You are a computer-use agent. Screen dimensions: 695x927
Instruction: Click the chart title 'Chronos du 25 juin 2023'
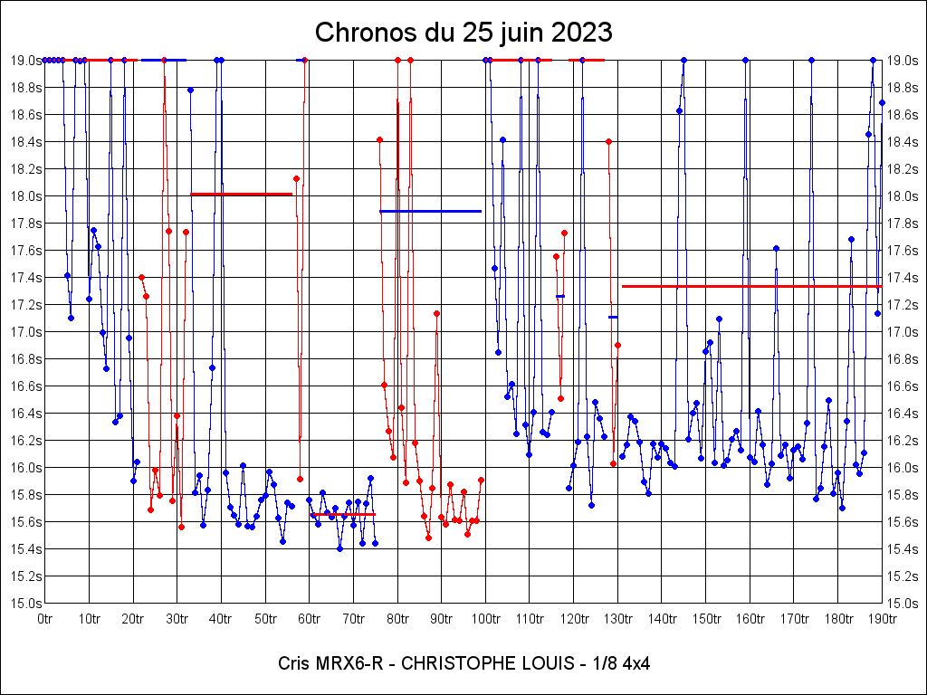coord(463,33)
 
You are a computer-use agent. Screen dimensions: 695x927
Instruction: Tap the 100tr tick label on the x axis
coord(486,619)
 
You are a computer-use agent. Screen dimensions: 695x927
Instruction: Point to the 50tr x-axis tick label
coord(265,619)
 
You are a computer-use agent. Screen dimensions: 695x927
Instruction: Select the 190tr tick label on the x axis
coord(882,619)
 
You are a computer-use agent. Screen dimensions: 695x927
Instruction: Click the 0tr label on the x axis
coord(45,619)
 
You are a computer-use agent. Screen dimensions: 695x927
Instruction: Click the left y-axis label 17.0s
coord(25,331)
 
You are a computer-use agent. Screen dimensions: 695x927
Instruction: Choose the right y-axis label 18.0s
coord(903,195)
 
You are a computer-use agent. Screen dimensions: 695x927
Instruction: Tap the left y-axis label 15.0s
coord(25,603)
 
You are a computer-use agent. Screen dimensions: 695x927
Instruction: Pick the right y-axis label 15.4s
coord(903,548)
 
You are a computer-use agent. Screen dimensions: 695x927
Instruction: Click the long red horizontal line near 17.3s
coord(751,286)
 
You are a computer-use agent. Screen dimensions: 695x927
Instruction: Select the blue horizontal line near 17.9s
coord(430,211)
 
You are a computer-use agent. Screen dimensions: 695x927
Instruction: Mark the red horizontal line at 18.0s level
coord(241,194)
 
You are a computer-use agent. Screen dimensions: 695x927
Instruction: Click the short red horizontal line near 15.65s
coord(342,514)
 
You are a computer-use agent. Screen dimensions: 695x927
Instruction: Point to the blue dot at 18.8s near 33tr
coord(190,90)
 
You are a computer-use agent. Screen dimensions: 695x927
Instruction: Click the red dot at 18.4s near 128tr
coord(608,141)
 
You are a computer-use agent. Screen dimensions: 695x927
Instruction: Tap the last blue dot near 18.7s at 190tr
coord(882,102)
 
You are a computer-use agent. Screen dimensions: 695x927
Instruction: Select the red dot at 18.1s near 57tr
coord(296,178)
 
